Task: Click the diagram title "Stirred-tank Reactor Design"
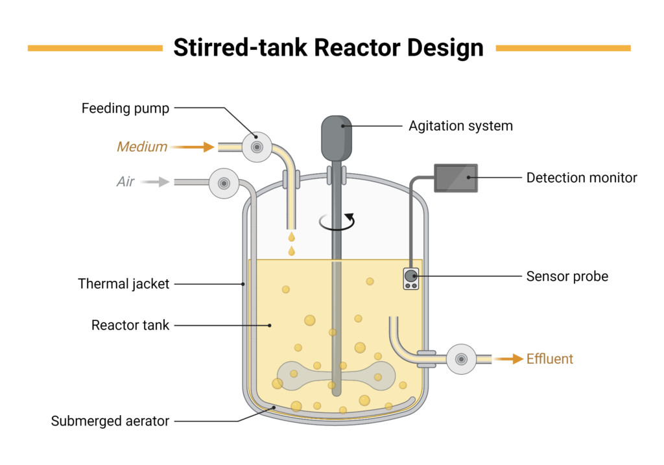tap(328, 48)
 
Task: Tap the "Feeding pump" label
tap(125, 108)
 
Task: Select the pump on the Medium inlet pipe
tap(257, 147)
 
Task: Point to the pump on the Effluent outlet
tap(462, 359)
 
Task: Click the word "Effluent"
tap(550, 359)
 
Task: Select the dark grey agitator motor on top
tap(337, 137)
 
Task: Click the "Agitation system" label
tap(460, 126)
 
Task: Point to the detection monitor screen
tap(456, 178)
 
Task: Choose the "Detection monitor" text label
tap(582, 177)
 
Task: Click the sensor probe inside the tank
tap(410, 278)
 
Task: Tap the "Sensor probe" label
tap(567, 276)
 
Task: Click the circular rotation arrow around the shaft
tap(337, 221)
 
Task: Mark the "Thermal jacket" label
tap(124, 283)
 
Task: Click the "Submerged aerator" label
tap(110, 421)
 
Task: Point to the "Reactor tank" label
tap(130, 325)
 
